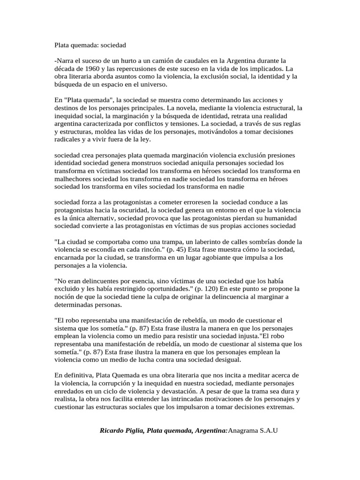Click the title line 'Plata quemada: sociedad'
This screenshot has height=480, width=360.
[90, 45]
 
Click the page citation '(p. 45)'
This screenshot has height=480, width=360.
[169, 249]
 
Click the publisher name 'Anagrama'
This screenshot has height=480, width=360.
[242, 430]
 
